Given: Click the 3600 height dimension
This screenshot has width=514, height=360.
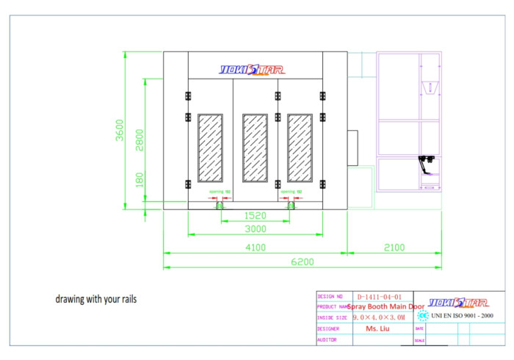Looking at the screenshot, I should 119,130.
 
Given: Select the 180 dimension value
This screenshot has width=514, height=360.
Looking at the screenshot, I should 140,179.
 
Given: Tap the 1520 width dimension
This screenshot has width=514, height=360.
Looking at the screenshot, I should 255,217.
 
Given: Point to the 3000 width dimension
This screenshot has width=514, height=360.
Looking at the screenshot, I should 255,229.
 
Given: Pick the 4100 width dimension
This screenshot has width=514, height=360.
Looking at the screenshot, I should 255,248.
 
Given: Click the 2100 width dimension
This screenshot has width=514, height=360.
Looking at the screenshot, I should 394,248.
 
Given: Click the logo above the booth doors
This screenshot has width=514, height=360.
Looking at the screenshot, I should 253,71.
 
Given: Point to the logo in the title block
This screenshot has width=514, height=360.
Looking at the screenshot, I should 456,302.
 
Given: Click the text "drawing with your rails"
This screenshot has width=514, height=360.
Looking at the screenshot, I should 96,300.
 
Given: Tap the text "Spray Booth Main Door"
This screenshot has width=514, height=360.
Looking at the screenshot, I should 385,306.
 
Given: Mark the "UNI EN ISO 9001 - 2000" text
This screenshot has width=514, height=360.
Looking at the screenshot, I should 462,316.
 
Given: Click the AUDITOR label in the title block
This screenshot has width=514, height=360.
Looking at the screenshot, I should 327,340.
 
